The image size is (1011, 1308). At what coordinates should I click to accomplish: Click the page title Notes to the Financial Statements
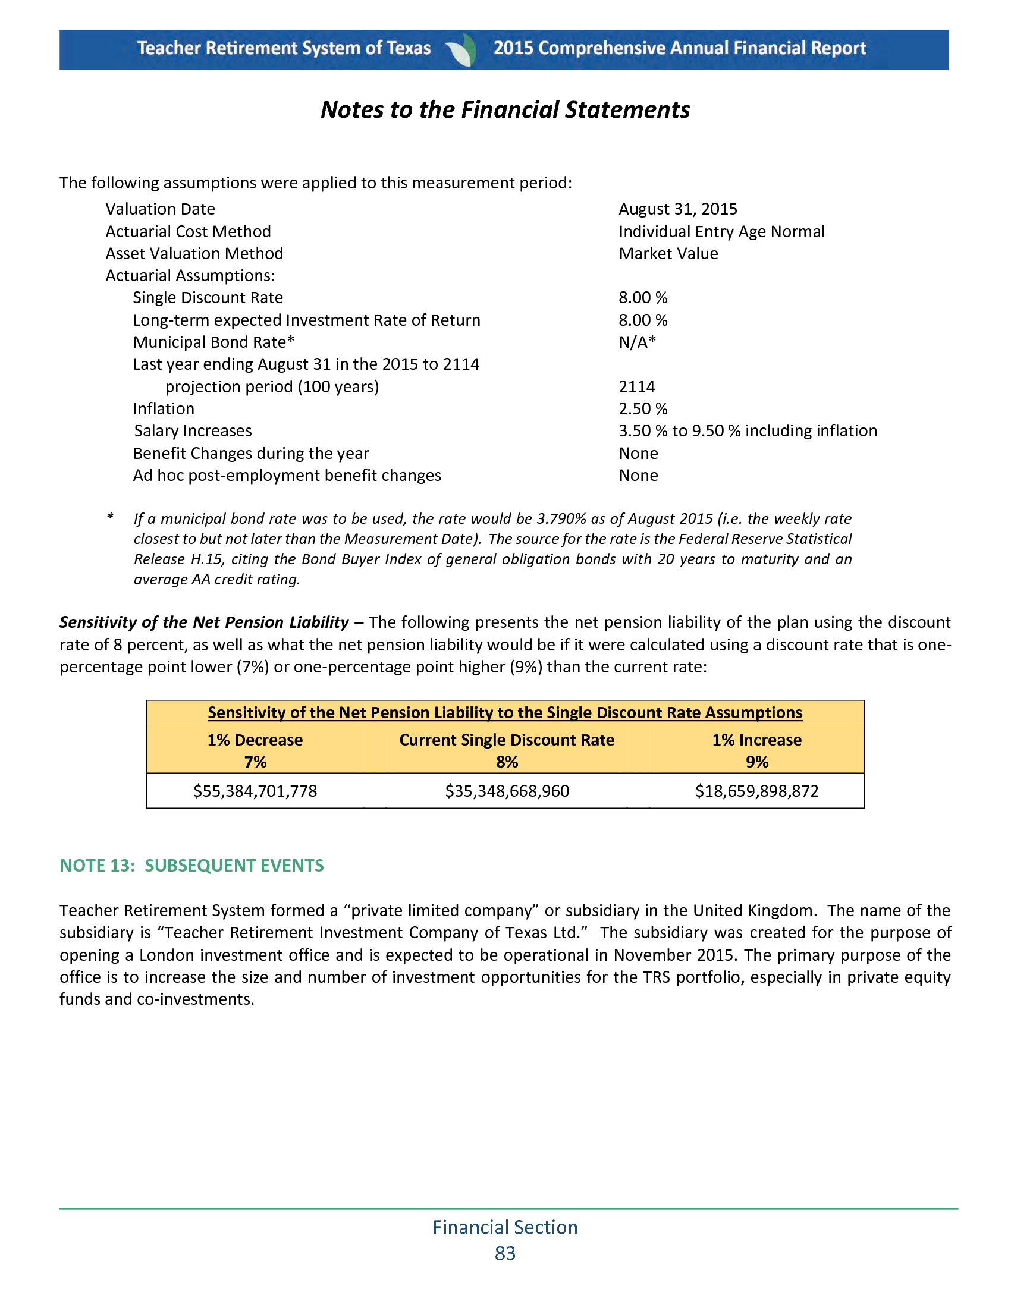coord(505,110)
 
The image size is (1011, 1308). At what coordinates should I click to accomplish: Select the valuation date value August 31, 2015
coord(677,209)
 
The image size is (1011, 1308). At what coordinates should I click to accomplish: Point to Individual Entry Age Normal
coord(721,232)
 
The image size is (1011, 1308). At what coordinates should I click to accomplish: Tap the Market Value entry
coord(668,254)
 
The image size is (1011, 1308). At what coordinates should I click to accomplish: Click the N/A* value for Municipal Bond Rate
coord(637,342)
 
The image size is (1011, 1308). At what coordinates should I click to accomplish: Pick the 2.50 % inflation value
coord(643,409)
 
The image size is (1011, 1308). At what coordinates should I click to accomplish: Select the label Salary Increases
coord(192,431)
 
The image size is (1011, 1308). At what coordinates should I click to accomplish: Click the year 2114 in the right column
coord(636,387)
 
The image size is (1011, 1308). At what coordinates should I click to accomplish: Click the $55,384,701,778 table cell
coord(255,791)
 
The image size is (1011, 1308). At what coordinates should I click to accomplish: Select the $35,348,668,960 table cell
coord(507,791)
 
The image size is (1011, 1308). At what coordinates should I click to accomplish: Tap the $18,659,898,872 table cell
coord(756,791)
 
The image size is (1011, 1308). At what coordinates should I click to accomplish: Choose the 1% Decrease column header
coord(255,740)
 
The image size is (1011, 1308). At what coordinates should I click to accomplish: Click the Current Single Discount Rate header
coord(507,740)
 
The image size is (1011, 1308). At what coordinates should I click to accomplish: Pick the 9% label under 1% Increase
coord(757,762)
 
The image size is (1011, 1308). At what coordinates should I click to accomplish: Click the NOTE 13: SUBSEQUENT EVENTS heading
coord(191,866)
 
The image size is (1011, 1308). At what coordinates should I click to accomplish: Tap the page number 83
coord(505,1253)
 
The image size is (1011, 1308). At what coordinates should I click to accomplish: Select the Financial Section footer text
coord(505,1227)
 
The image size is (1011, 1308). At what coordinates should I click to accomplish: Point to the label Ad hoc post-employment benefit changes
coord(287,476)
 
